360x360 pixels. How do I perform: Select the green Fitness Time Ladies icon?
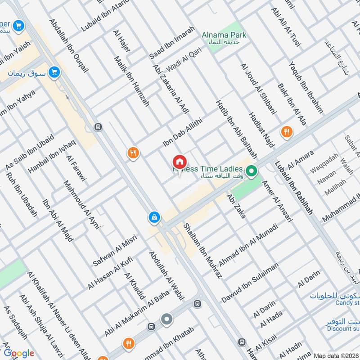coord(252,171)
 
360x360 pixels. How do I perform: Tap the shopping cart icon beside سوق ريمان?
coord(55,72)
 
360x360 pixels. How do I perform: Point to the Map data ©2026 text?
coord(336,355)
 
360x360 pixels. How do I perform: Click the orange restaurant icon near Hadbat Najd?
coord(286,132)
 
